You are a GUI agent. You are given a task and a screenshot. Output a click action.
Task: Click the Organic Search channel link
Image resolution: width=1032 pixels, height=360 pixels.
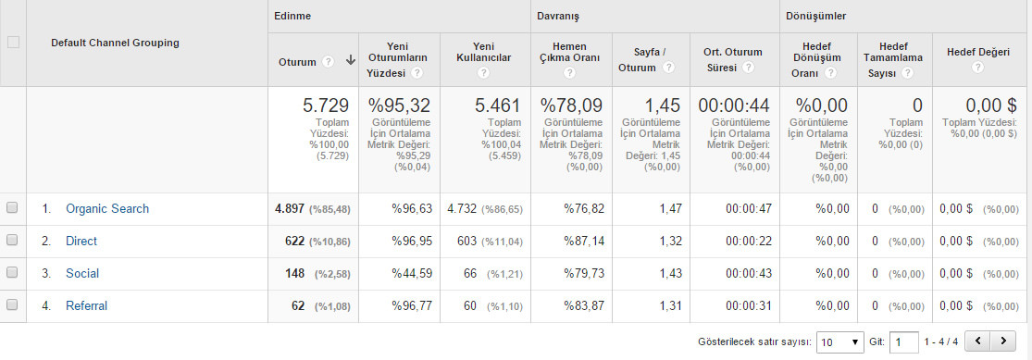[x=107, y=208]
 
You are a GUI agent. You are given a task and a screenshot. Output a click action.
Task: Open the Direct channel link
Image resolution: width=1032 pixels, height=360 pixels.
[x=81, y=241]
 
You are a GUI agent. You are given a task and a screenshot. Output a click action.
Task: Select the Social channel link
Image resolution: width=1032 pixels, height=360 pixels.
[x=82, y=273]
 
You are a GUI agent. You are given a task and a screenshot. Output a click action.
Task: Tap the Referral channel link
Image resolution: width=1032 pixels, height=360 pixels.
[x=86, y=305]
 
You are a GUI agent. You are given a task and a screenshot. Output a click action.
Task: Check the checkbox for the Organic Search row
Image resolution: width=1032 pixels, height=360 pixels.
[x=12, y=208]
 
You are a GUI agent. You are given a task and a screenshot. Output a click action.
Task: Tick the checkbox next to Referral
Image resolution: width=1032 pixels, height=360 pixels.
[x=12, y=304]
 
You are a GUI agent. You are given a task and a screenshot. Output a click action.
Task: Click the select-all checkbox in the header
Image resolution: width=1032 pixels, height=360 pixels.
[x=13, y=43]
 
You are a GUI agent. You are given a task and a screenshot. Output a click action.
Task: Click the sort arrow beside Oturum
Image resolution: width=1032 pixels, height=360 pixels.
[x=350, y=60]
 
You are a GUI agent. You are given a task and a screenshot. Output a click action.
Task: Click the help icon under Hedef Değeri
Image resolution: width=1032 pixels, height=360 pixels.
[x=977, y=68]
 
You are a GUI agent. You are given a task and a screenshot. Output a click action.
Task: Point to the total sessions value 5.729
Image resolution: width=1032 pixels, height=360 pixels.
[x=325, y=106]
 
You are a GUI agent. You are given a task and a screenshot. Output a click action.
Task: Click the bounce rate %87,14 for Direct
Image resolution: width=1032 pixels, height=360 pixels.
[x=584, y=241]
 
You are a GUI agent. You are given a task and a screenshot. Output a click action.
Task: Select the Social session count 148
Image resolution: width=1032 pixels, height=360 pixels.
[x=295, y=273]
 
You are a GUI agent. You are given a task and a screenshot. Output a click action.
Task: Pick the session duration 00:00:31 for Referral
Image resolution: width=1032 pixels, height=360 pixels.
[x=749, y=305]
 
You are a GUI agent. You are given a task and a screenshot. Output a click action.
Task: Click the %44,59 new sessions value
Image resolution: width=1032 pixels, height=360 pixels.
[x=412, y=273]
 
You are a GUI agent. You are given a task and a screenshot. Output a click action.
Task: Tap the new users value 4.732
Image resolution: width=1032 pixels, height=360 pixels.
[x=462, y=208]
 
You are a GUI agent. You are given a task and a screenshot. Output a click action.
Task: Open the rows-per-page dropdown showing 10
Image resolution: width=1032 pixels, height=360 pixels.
[x=839, y=342]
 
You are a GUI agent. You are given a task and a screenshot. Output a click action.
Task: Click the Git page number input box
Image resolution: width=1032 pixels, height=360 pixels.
[x=903, y=342]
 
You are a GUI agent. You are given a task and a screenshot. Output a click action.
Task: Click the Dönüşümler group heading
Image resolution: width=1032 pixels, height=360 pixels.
[x=816, y=16]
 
